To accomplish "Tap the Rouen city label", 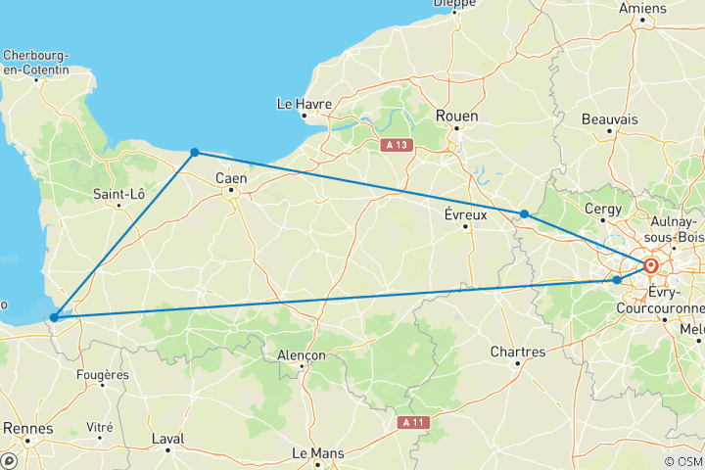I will [x=457, y=116].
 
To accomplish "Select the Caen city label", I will [x=232, y=178].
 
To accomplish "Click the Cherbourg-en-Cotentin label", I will [x=36, y=62].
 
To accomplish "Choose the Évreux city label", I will [x=466, y=213].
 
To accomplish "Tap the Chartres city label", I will [x=518, y=352].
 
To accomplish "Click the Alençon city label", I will [x=301, y=354].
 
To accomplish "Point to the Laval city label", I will [x=168, y=440].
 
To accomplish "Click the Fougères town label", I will [x=102, y=374].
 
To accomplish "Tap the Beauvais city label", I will [x=609, y=118].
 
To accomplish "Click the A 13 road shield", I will [x=396, y=145].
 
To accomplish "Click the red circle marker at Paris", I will [x=651, y=265].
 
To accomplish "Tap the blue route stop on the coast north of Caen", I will [x=195, y=152].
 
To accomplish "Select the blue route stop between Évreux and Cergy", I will [x=525, y=213].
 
